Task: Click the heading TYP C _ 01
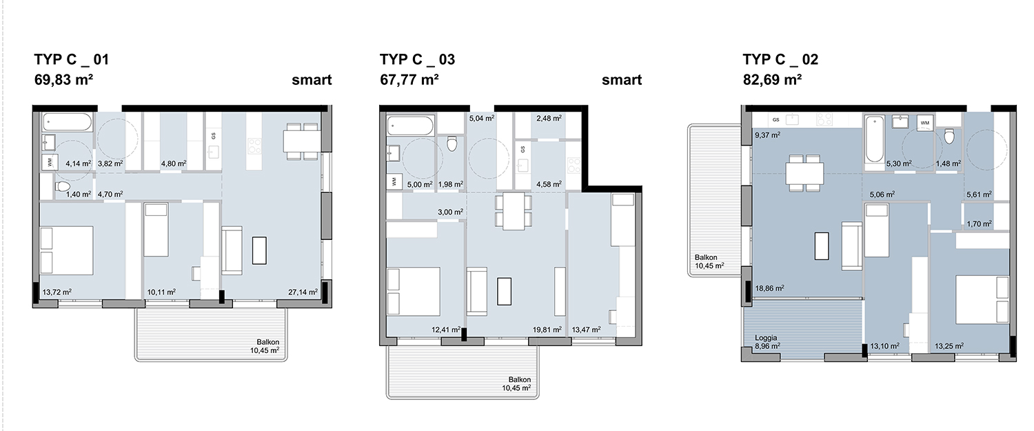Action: click(72, 59)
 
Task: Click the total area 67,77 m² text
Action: click(409, 80)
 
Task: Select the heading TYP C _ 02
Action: click(780, 59)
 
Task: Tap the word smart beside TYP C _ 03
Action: click(621, 80)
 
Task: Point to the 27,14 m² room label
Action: click(303, 292)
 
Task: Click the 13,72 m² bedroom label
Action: click(57, 292)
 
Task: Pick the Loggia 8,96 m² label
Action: click(768, 342)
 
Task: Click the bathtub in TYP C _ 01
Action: click(68, 123)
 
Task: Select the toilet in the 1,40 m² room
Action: click(63, 187)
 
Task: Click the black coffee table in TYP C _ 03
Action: click(504, 291)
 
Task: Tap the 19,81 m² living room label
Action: click(547, 330)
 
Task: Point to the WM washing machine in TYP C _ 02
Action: click(924, 123)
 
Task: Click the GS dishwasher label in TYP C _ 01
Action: click(213, 136)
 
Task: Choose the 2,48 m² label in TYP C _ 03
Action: click(549, 118)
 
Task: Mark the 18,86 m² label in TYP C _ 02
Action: click(769, 288)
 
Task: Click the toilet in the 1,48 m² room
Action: click(949, 137)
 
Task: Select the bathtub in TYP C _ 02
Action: click(874, 139)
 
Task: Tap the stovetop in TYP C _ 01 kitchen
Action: click(254, 146)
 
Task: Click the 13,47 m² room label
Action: click(586, 330)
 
